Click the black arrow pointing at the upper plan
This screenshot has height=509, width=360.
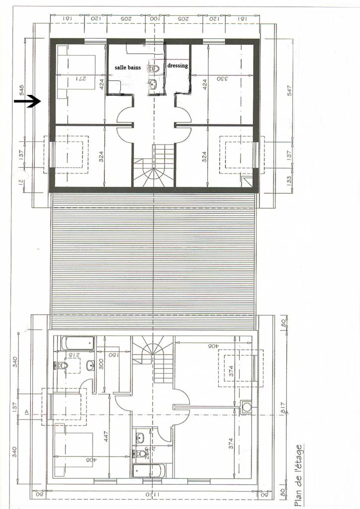[27, 101]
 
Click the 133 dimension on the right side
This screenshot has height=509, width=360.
[289, 179]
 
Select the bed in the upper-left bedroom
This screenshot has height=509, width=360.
[76, 72]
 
